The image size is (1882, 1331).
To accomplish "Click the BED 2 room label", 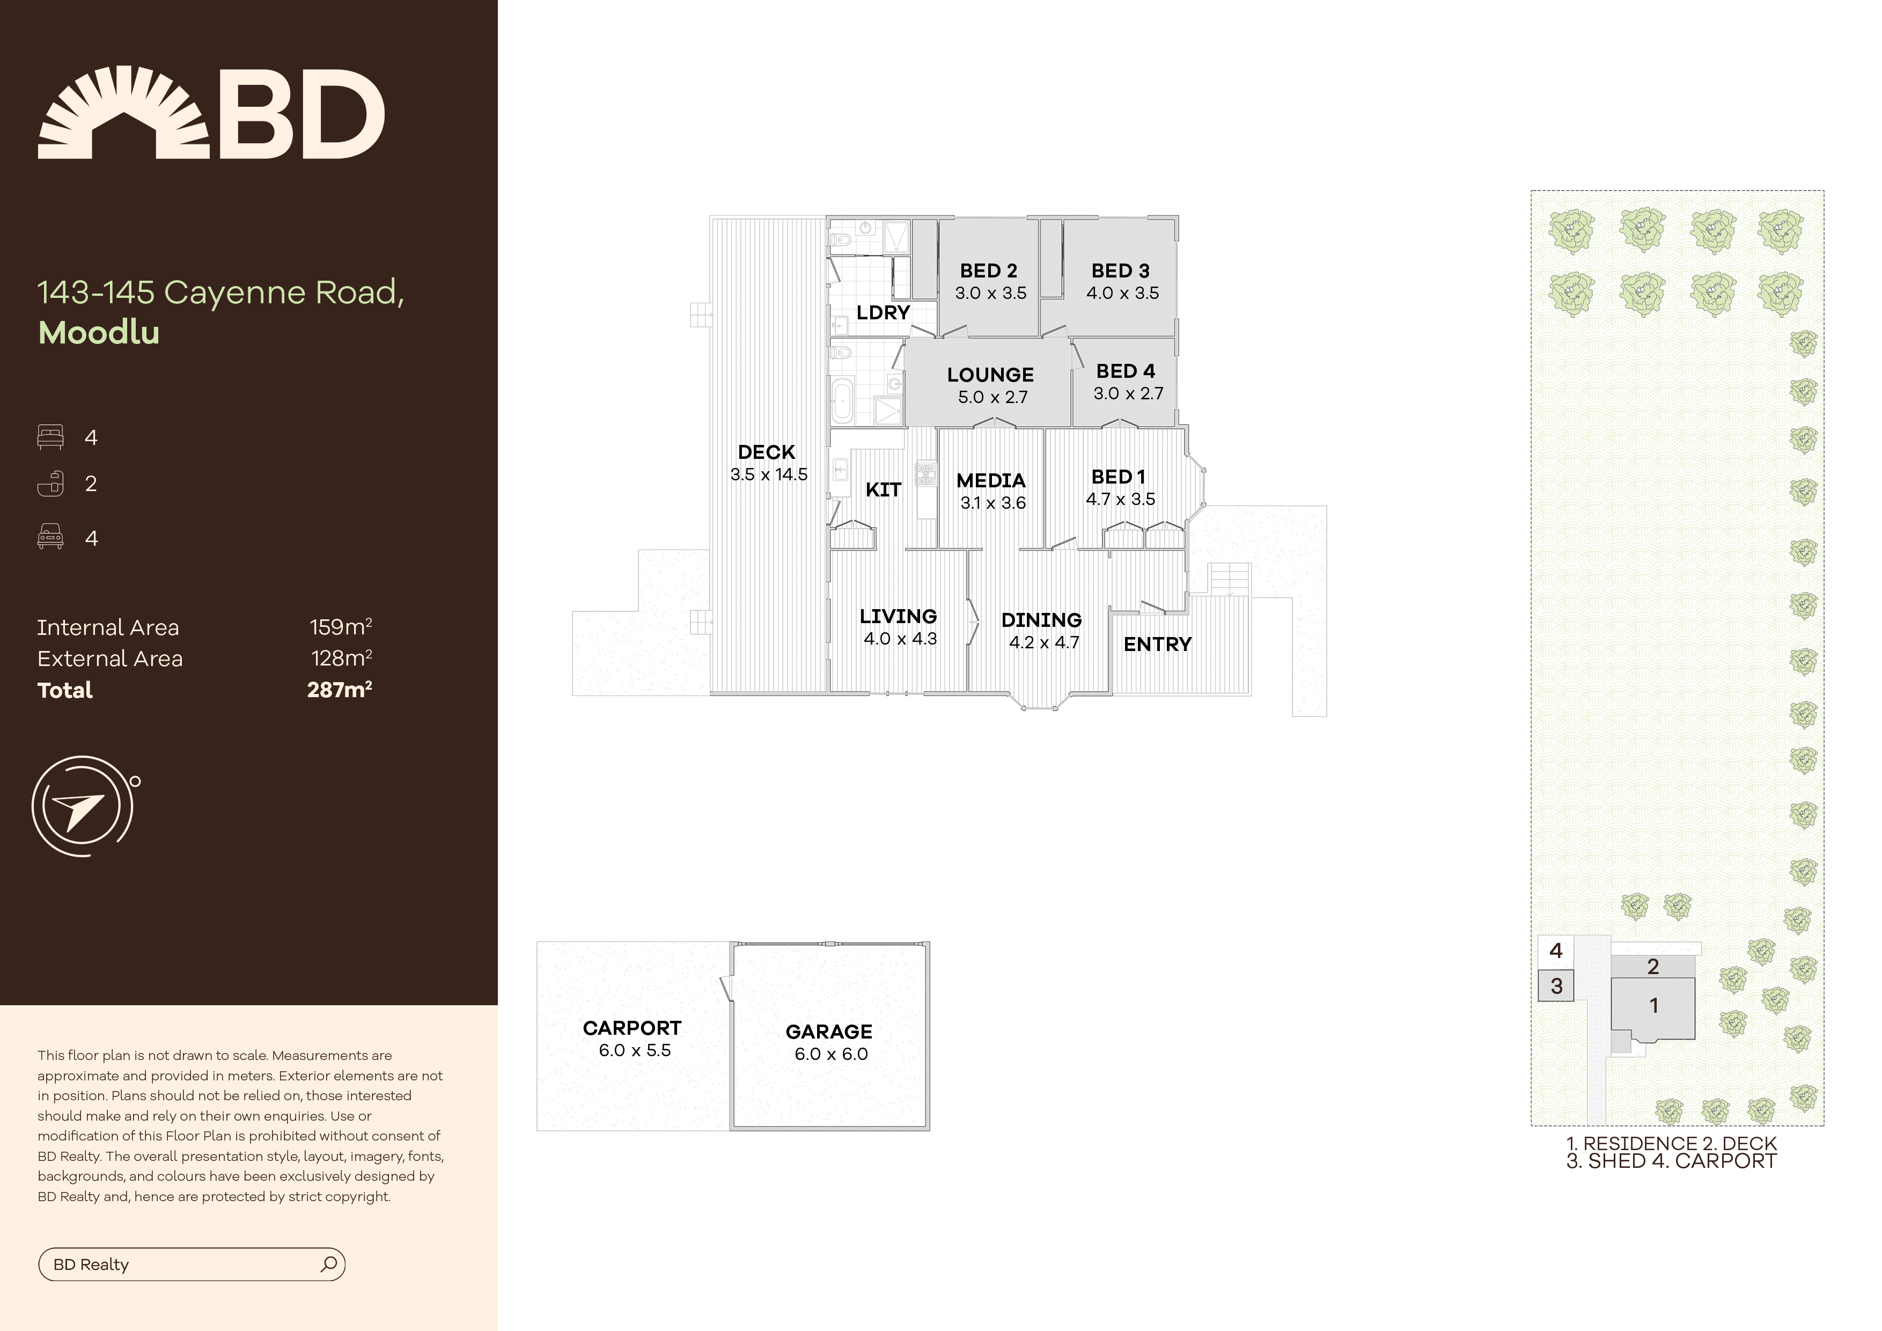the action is (x=989, y=270).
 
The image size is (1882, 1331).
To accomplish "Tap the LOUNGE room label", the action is (x=990, y=375).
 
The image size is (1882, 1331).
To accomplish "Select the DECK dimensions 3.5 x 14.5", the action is (x=769, y=474).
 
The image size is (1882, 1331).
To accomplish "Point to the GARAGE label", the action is (x=829, y=1032).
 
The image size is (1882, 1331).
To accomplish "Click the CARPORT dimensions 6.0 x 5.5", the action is (x=635, y=1050).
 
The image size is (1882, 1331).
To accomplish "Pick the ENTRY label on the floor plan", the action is (x=1157, y=645).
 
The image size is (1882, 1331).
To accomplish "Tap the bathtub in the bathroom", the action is (x=842, y=401).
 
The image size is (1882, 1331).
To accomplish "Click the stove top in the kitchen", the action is (x=926, y=475).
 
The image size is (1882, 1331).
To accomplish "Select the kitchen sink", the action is (x=840, y=471).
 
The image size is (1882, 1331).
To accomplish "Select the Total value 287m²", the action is (x=340, y=690).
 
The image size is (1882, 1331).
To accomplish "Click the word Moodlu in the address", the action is (x=99, y=332).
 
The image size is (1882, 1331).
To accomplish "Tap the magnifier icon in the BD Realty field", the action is (x=329, y=1264).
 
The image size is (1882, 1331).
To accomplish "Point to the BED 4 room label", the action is (x=1126, y=371).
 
